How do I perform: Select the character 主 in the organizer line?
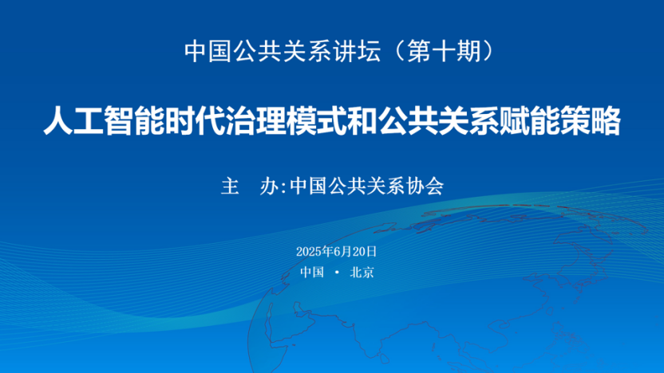click(229, 186)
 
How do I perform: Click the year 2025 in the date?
click(308, 251)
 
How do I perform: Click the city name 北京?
click(362, 272)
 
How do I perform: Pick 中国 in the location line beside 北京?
click(312, 272)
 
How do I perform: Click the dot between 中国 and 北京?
click(337, 273)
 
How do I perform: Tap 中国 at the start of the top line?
click(202, 51)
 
